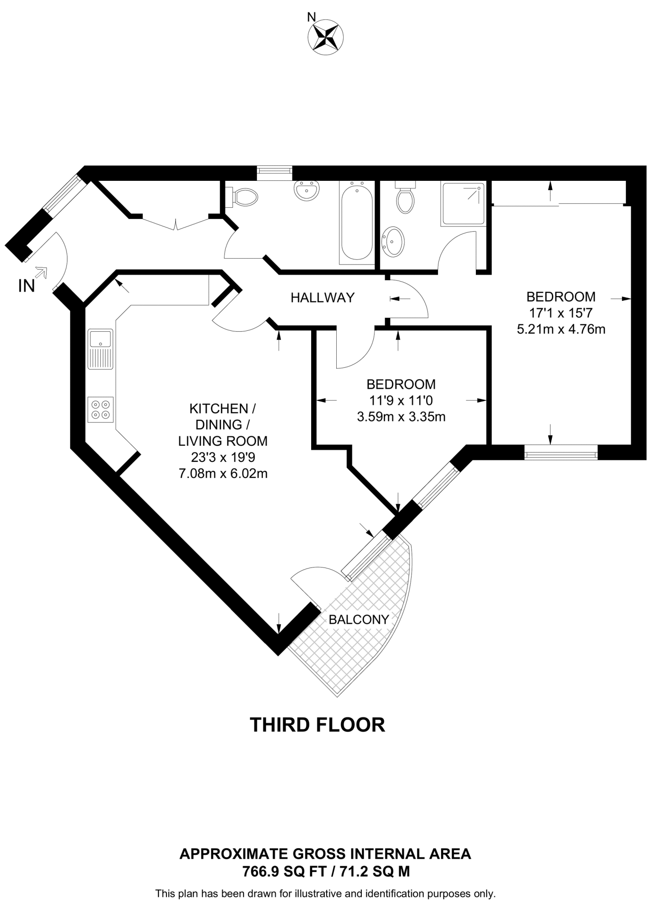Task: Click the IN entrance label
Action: pyautogui.click(x=26, y=286)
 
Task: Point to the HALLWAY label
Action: pyautogui.click(x=322, y=298)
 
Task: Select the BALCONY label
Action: pyautogui.click(x=359, y=620)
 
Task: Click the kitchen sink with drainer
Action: pyautogui.click(x=101, y=349)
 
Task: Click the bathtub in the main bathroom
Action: pyautogui.click(x=357, y=223)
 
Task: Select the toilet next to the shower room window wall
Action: pyautogui.click(x=405, y=198)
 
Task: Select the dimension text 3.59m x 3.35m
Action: pyautogui.click(x=401, y=417)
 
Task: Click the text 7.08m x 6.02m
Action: pyautogui.click(x=223, y=474)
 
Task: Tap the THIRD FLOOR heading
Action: pyautogui.click(x=317, y=725)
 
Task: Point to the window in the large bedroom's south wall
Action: pyautogui.click(x=561, y=452)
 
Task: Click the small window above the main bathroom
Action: pyautogui.click(x=275, y=172)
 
